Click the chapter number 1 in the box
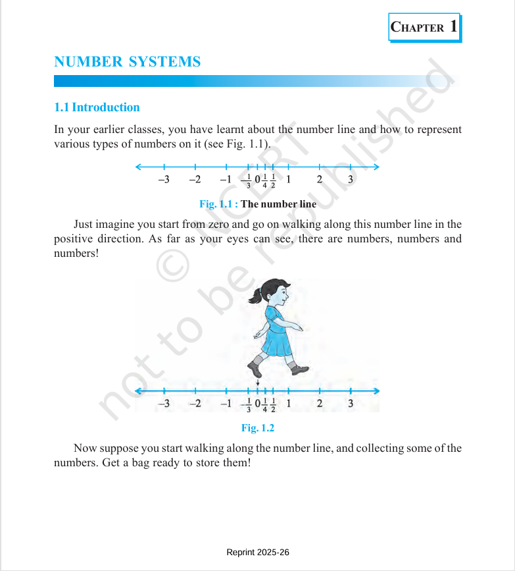(x=453, y=26)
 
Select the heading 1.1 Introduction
(x=97, y=107)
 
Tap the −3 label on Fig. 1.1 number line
(x=163, y=179)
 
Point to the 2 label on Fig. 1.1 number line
(x=319, y=179)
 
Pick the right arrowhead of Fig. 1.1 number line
(x=376, y=166)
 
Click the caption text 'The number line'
(x=278, y=204)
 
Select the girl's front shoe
(x=300, y=369)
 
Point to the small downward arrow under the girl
(x=258, y=383)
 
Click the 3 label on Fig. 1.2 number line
(x=350, y=404)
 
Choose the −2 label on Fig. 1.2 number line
(x=195, y=404)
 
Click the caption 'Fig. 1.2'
(x=257, y=428)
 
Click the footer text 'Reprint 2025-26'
(x=257, y=553)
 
